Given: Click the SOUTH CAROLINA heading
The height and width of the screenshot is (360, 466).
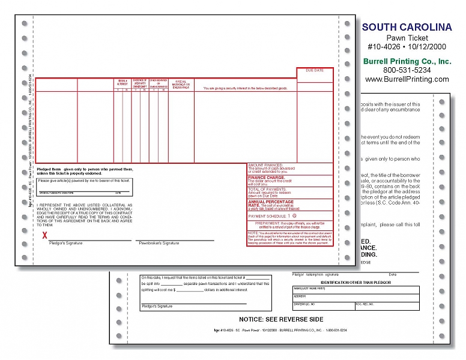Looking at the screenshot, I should click(407, 27).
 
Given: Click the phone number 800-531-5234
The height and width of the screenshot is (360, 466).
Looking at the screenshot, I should click(407, 70).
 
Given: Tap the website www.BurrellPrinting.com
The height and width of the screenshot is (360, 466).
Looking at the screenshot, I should click(407, 79).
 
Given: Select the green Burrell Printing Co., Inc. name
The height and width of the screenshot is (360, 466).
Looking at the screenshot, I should click(407, 61).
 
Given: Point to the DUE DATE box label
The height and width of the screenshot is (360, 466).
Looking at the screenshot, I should click(314, 70).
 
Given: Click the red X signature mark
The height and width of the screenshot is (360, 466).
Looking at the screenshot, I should click(44, 236).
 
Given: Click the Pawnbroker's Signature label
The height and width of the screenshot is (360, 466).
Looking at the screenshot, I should click(159, 243).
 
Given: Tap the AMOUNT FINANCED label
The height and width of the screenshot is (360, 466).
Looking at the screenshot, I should click(264, 165).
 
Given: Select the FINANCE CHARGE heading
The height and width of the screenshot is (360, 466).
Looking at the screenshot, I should click(266, 178).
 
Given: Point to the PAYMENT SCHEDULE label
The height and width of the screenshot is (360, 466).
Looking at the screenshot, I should click(267, 215).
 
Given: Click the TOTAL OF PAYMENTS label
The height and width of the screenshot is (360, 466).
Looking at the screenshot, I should click(267, 189).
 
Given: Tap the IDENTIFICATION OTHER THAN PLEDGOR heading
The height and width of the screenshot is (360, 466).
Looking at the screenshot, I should click(355, 282).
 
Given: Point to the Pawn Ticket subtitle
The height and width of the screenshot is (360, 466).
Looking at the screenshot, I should click(407, 38).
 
